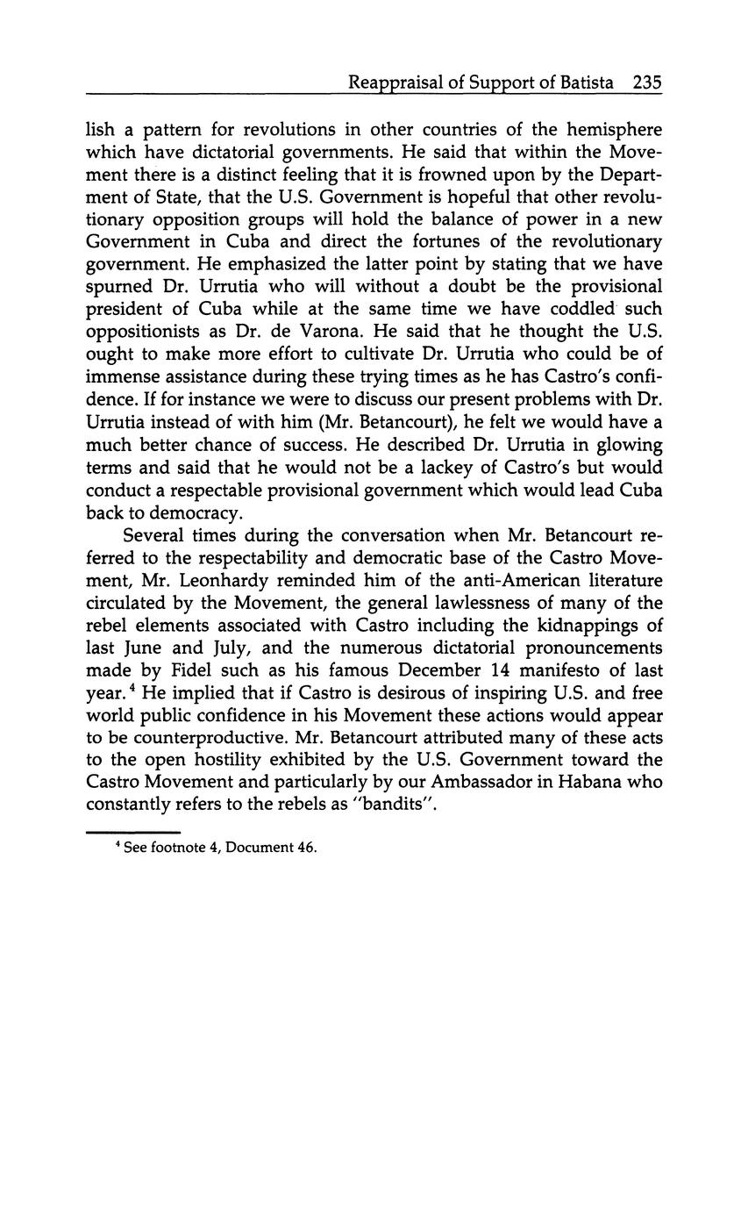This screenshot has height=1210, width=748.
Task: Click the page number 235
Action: click(646, 83)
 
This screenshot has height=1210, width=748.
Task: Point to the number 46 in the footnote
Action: click(305, 848)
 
